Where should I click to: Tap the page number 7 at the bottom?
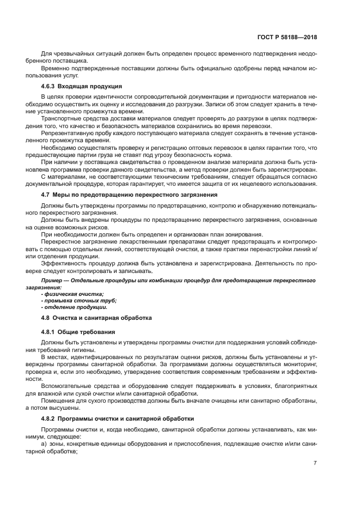pyautogui.click(x=315, y=463)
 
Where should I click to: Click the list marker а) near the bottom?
pyautogui.click(x=44, y=444)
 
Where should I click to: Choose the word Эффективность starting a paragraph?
pyautogui.click(x=63, y=263)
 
